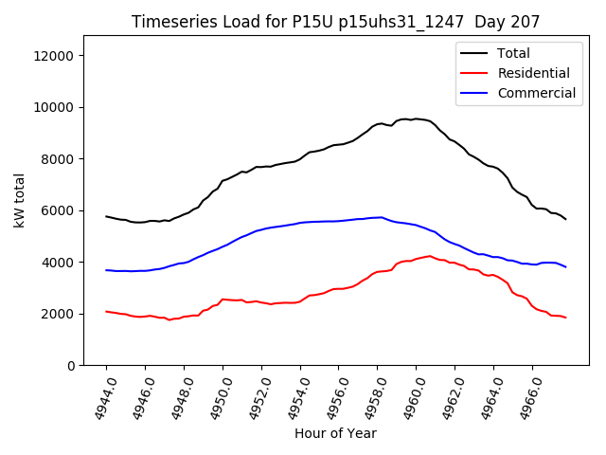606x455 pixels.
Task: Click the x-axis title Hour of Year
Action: (x=335, y=433)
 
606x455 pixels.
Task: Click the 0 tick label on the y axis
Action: (x=72, y=366)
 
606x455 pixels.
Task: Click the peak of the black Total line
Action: (x=414, y=118)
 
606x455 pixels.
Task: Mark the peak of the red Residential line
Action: (x=429, y=256)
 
